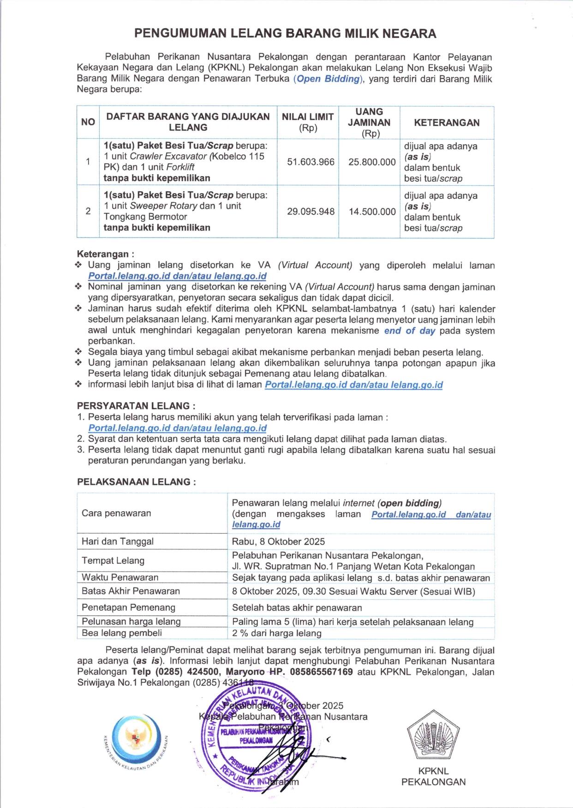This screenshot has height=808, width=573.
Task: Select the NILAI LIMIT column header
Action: click(308, 122)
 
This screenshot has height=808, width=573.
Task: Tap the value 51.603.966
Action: click(310, 162)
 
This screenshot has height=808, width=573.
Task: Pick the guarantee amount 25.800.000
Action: click(372, 162)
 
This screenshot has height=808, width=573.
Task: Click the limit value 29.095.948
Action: click(310, 212)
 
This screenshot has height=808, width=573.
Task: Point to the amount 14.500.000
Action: click(372, 212)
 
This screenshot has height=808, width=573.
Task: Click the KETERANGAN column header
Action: click(447, 123)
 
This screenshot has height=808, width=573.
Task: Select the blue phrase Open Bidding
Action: click(328, 79)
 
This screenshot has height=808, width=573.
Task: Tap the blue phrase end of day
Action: click(410, 330)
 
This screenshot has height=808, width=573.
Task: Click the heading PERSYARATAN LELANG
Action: click(136, 406)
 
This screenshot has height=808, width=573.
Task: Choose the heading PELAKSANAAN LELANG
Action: click(136, 482)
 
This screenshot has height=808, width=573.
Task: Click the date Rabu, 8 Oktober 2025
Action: click(278, 542)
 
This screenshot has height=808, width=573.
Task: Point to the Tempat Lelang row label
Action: click(113, 560)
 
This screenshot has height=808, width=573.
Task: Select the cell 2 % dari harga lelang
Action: click(277, 633)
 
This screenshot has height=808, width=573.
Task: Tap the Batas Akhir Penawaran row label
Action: click(131, 591)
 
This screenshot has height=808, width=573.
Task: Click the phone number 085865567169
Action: click(321, 672)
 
